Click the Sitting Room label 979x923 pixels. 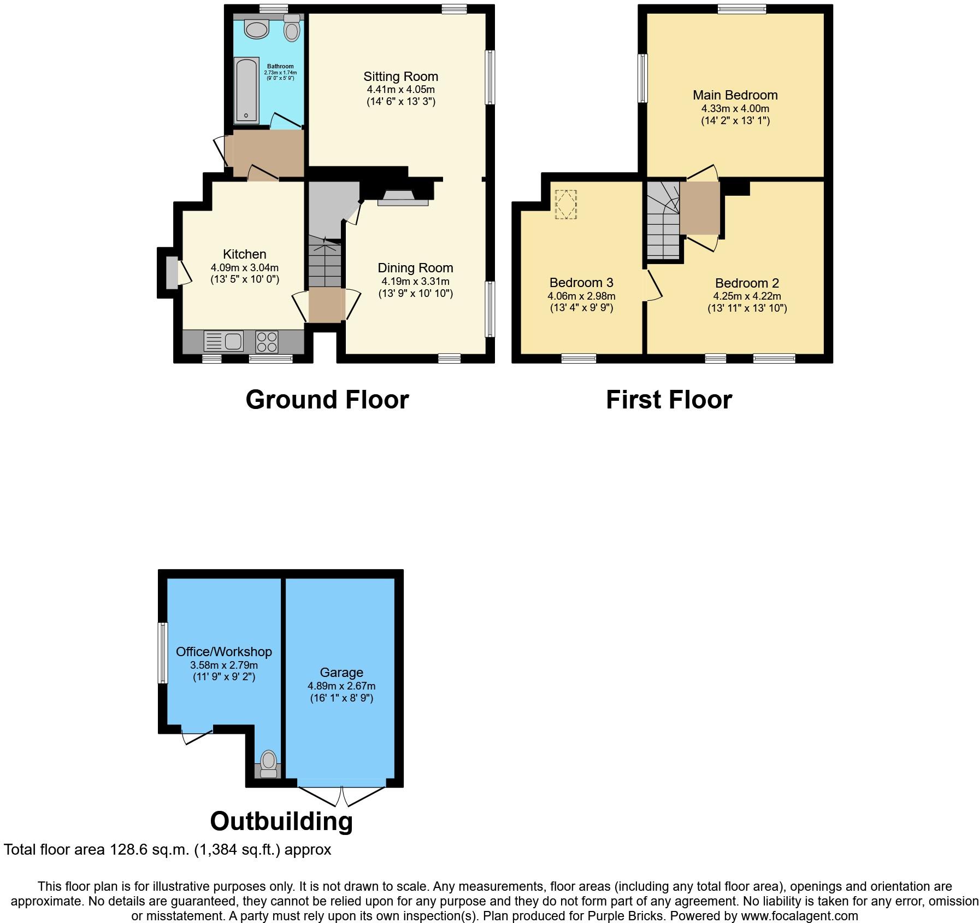401,77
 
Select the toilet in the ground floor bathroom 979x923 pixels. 292,28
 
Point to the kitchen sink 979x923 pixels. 224,341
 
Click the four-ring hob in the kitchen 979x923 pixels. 267,341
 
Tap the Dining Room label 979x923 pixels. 415,268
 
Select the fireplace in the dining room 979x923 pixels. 404,198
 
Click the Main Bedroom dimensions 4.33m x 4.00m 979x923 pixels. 735,109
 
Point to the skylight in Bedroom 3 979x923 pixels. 565,205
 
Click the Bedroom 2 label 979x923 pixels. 747,283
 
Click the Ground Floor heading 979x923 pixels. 327,400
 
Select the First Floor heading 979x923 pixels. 669,400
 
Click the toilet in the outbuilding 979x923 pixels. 268,764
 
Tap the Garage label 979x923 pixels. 341,673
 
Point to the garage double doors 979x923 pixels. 342,796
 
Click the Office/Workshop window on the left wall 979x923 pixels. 162,653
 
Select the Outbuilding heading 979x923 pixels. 281,821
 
